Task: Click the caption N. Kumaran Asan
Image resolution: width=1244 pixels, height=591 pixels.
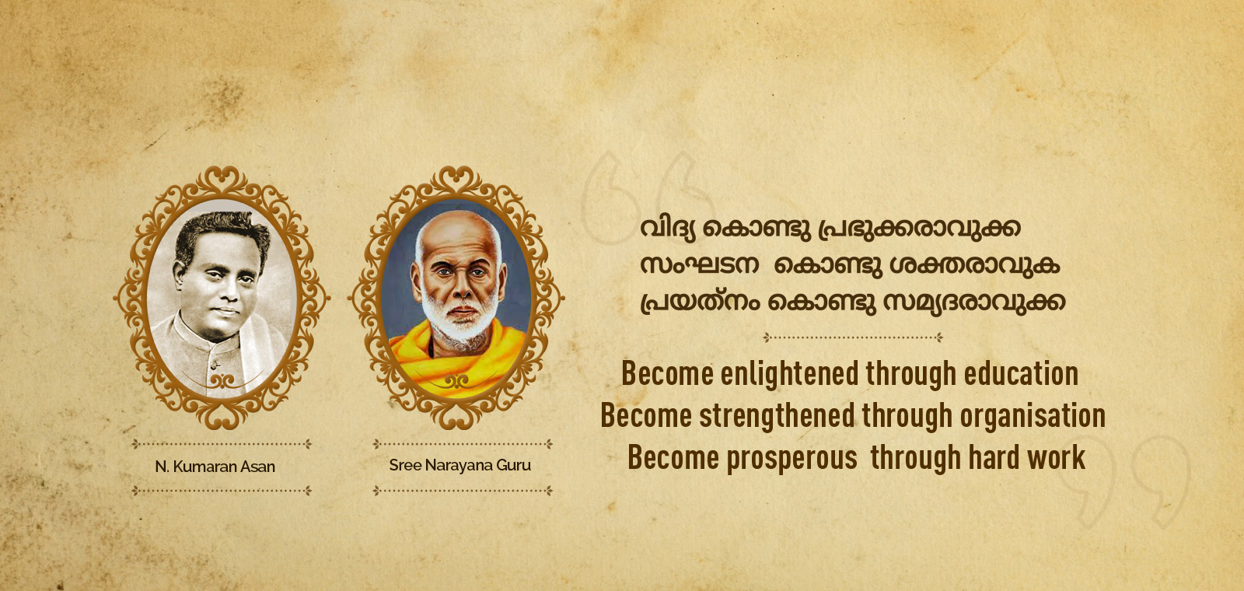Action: (215, 467)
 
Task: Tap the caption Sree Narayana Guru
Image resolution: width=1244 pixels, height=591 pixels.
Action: (460, 465)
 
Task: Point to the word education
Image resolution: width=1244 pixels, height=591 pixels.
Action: (1021, 373)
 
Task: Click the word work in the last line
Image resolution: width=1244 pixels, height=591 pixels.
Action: (1056, 457)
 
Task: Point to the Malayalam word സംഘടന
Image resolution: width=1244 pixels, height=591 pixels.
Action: (699, 265)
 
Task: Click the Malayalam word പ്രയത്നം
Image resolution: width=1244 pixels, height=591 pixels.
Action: (701, 302)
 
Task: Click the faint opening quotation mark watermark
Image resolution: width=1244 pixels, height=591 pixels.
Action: (647, 198)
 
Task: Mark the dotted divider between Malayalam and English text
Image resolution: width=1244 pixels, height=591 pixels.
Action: (853, 337)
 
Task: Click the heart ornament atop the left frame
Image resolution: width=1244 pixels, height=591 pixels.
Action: (222, 177)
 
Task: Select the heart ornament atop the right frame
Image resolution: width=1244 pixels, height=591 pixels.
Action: (456, 177)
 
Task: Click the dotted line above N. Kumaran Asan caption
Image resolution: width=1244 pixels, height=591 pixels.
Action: (222, 444)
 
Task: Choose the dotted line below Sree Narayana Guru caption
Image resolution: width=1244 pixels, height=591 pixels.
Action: (463, 491)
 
